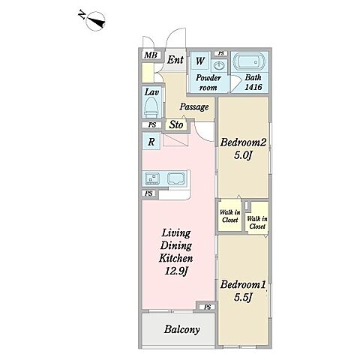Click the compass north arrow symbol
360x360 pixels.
point(94,21)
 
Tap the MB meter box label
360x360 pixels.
point(151,55)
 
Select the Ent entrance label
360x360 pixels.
point(175,60)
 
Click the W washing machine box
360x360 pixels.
point(199,61)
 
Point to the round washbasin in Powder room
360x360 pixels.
point(219,66)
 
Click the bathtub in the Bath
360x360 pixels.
point(249,61)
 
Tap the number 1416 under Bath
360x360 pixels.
point(253,87)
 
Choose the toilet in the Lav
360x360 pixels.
point(151,107)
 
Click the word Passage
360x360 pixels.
point(194,107)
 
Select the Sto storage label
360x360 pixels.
point(176,124)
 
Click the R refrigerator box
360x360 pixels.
point(151,142)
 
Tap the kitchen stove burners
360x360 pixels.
point(152,178)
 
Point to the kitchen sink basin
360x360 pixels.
point(176,178)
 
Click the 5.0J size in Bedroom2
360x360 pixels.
point(242,155)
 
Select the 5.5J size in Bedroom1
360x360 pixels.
point(242,298)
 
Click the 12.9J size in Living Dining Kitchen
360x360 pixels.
point(176,271)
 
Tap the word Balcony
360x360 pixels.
point(181,329)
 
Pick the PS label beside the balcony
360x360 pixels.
point(208,307)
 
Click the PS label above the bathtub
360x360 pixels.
point(221,53)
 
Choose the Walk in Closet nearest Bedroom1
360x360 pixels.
point(257,223)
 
